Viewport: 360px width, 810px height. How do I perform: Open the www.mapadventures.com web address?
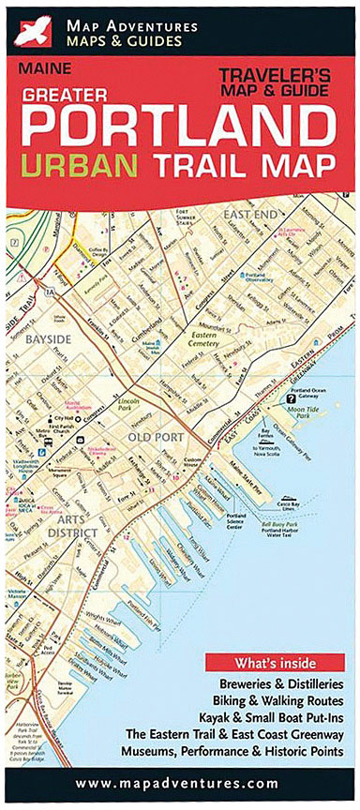click(x=178, y=782)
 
